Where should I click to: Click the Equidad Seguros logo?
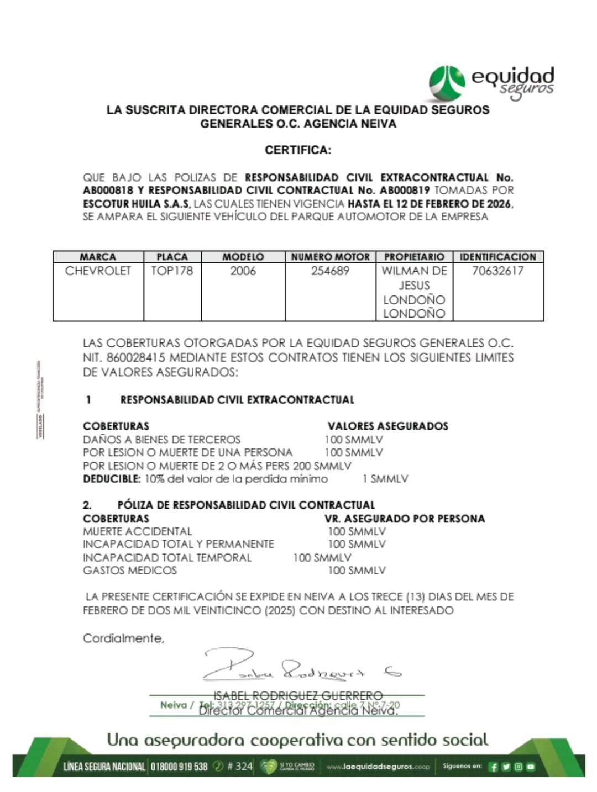(491, 83)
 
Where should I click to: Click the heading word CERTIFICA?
(298, 150)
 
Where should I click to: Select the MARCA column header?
(98, 257)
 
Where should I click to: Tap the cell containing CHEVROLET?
(98, 271)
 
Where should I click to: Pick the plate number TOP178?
(172, 271)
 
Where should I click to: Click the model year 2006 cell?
(243, 271)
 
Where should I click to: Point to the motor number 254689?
(330, 271)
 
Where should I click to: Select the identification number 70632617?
(498, 271)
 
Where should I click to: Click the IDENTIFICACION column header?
(498, 257)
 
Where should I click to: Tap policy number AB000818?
(108, 191)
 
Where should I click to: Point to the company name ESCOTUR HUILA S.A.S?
(136, 204)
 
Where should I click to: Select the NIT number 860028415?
(134, 357)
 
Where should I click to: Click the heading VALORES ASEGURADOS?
(387, 426)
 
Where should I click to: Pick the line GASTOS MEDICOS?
(130, 571)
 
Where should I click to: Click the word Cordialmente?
(123, 638)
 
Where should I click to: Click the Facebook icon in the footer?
(494, 767)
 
